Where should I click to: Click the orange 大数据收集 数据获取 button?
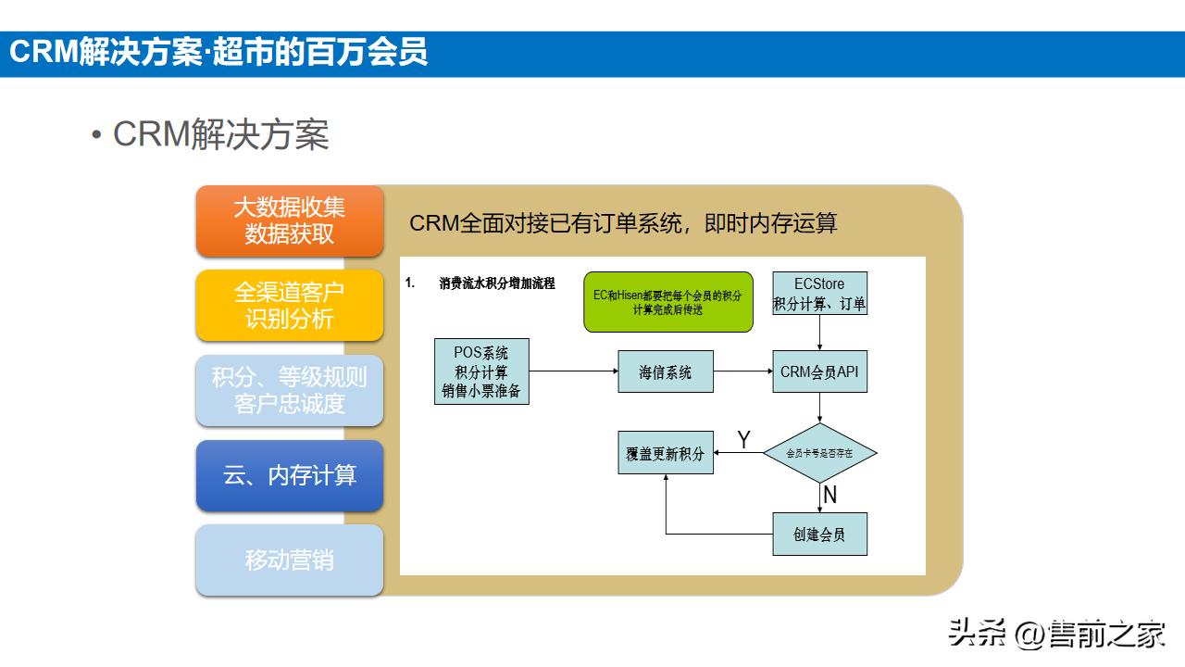(289, 220)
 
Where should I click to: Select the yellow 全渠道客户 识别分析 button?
(289, 306)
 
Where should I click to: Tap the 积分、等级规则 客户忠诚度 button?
(289, 390)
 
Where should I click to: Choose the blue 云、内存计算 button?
(289, 475)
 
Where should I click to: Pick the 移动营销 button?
(289, 560)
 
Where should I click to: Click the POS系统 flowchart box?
(481, 371)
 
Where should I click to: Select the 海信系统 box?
(666, 372)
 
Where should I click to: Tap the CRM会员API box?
(819, 372)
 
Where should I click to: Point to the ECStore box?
(819, 293)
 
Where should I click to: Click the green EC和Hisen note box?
(667, 302)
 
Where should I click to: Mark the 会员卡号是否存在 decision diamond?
(819, 453)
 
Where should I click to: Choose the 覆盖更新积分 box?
(666, 454)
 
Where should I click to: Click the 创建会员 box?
(819, 535)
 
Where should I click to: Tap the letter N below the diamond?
(829, 496)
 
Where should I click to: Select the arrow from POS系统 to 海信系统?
(573, 372)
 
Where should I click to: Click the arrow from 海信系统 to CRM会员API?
(742, 372)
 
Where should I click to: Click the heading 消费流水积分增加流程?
(497, 283)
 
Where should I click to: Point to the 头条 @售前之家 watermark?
(1056, 635)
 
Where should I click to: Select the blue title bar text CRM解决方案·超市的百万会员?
(218, 53)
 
